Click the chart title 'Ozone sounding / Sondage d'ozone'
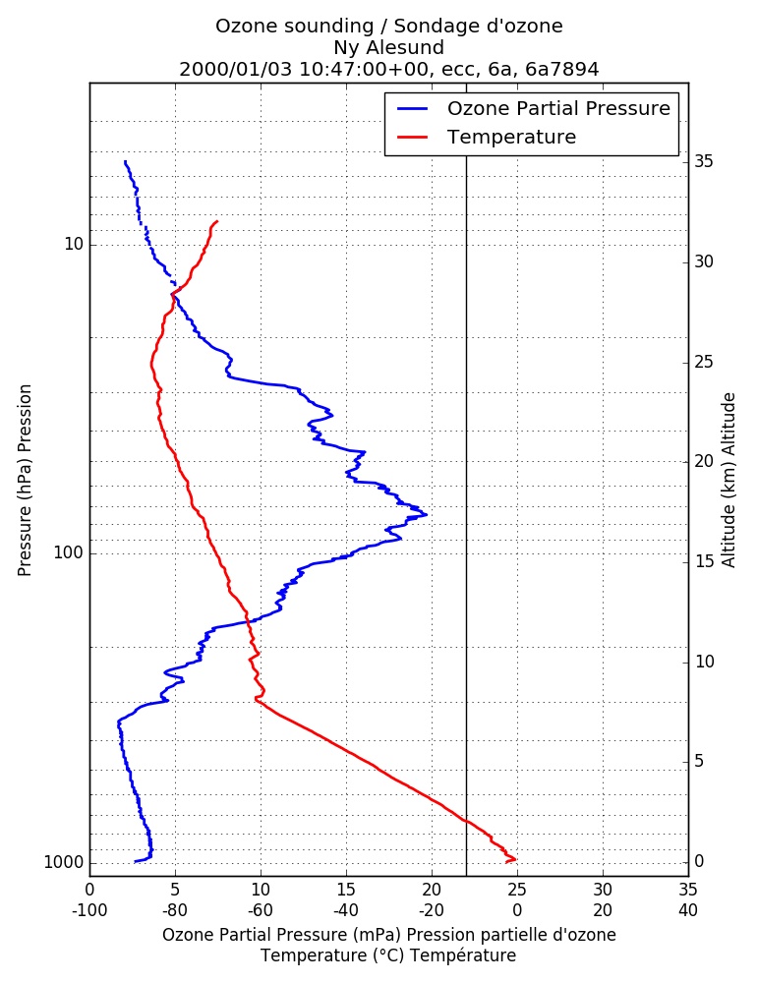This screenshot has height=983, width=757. click(x=389, y=27)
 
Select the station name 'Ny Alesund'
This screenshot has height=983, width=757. click(x=389, y=47)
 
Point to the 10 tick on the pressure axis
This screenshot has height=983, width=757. click(x=74, y=245)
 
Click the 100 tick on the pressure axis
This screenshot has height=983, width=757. click(x=69, y=552)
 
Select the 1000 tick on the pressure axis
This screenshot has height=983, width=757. click(x=63, y=863)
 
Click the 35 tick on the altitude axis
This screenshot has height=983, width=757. click(x=704, y=162)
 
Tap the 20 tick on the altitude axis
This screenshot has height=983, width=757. click(x=704, y=461)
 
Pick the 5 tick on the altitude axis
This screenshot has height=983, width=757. click(x=699, y=761)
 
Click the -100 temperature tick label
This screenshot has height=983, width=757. click(x=89, y=910)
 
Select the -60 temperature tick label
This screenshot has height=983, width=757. click(x=261, y=910)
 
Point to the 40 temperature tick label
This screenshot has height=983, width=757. click(x=688, y=910)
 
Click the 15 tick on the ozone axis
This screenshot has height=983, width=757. click(x=346, y=890)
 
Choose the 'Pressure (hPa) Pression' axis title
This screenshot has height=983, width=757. click(x=25, y=481)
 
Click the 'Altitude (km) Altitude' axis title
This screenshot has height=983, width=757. click(x=728, y=481)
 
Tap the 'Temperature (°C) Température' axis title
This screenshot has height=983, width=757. click(x=389, y=955)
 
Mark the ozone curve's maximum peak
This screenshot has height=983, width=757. click(x=427, y=515)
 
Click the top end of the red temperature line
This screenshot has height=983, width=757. click(x=217, y=221)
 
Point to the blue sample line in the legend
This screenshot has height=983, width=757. click(x=413, y=108)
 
